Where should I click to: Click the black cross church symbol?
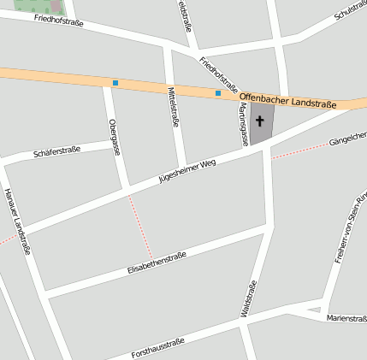click(x=260, y=121)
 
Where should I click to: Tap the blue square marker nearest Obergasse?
click(x=115, y=83)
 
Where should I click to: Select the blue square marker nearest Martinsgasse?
click(x=218, y=92)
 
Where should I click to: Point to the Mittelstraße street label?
click(x=174, y=107)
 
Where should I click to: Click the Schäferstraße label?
click(x=56, y=151)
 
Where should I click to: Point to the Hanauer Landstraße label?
click(x=17, y=221)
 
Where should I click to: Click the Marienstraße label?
click(x=346, y=318)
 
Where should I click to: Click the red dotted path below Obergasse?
click(x=140, y=227)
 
